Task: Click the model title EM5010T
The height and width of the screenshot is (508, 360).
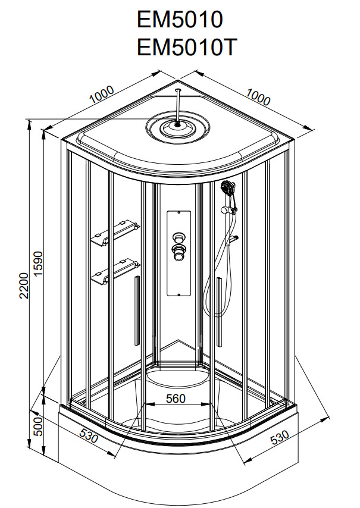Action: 187,48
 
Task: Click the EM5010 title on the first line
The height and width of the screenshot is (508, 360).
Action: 180,20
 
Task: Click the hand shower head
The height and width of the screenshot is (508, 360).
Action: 228,189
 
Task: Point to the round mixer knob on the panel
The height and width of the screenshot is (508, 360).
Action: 178,250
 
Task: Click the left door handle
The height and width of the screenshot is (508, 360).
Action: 136,310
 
